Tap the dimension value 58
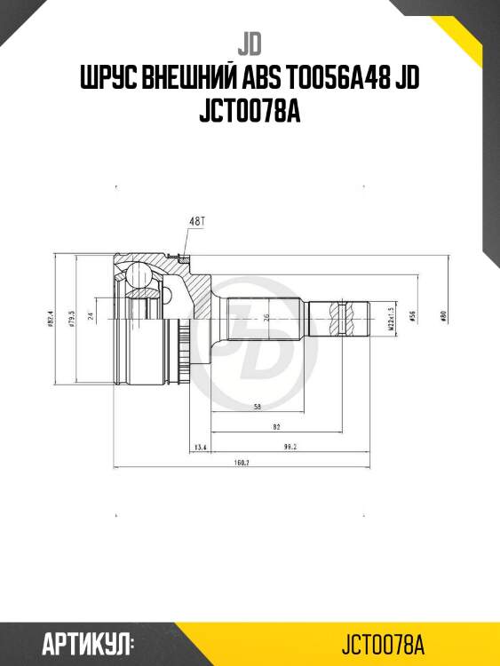click(x=257, y=407)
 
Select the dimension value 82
click(x=277, y=427)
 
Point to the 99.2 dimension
click(x=289, y=448)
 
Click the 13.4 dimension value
click(x=200, y=448)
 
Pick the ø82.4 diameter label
click(x=54, y=316)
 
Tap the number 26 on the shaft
click(x=267, y=317)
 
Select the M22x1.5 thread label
click(x=391, y=317)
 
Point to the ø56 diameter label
click(x=414, y=316)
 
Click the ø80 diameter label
click(x=442, y=316)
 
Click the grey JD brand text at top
click(x=250, y=42)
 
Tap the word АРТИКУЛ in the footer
click(x=85, y=643)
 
